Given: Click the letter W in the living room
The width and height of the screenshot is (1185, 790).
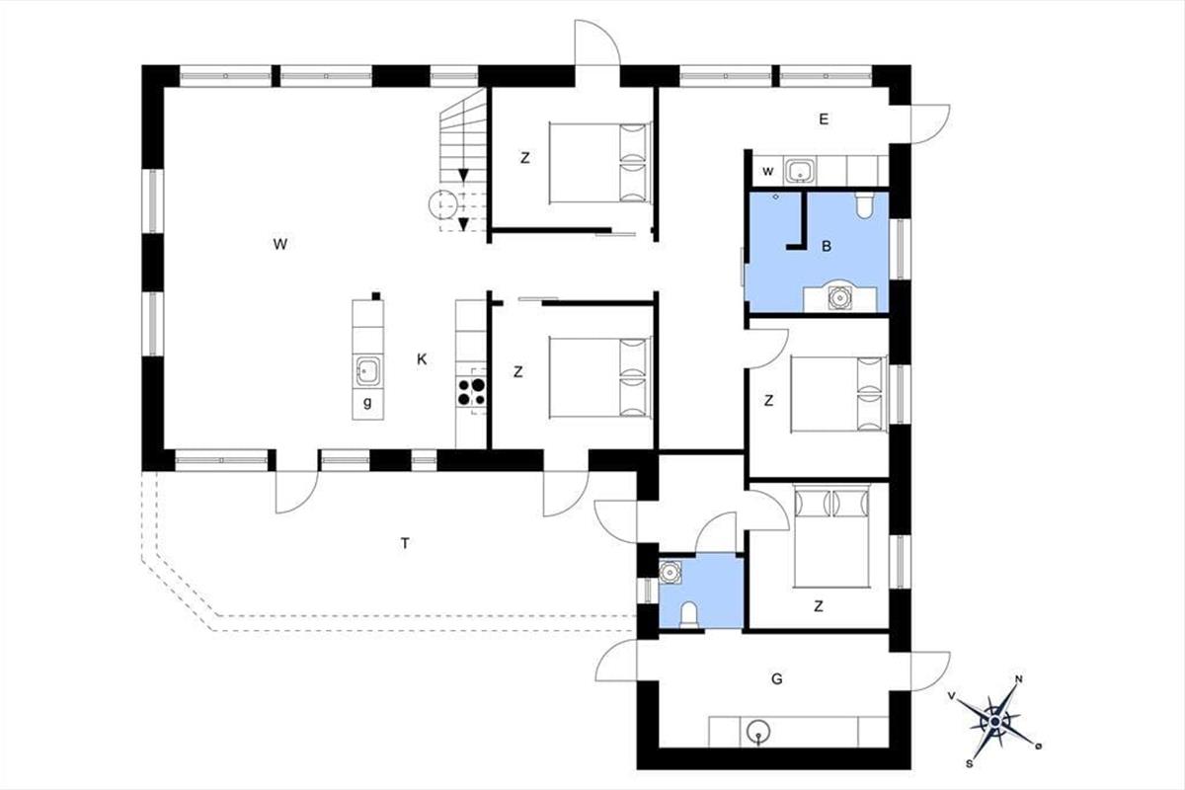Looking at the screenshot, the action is (280, 244).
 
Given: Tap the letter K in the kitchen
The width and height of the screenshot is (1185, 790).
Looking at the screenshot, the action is (422, 359).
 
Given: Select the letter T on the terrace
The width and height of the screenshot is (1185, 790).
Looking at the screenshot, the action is (405, 543).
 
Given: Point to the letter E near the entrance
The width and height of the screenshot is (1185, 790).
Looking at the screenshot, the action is (824, 119).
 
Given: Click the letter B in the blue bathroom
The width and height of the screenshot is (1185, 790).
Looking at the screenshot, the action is (827, 247).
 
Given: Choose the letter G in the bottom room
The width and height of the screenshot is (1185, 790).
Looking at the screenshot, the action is (776, 678).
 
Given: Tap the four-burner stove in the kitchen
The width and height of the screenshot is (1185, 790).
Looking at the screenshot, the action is (471, 392).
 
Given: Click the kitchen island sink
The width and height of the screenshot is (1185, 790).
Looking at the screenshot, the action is (367, 371).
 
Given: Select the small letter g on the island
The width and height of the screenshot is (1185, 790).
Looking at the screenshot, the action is (367, 403).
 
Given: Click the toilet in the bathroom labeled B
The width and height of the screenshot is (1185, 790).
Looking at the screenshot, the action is (865, 205).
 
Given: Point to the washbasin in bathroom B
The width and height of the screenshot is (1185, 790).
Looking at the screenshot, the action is (839, 297).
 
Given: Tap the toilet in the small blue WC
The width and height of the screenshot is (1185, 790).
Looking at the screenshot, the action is (689, 615).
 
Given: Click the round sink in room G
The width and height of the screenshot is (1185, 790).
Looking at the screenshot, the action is (758, 733).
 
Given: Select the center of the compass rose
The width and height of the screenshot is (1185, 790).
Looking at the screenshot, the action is (995, 722).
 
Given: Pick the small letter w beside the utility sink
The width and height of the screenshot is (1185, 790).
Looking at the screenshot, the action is (768, 171).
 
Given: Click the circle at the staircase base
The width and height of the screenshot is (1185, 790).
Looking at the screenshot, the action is (442, 204).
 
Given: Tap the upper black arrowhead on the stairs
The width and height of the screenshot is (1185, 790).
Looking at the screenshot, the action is (464, 175).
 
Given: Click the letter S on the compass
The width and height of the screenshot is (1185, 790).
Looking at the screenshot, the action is (969, 764).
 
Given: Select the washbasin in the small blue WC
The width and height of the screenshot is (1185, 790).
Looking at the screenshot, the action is (671, 573).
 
